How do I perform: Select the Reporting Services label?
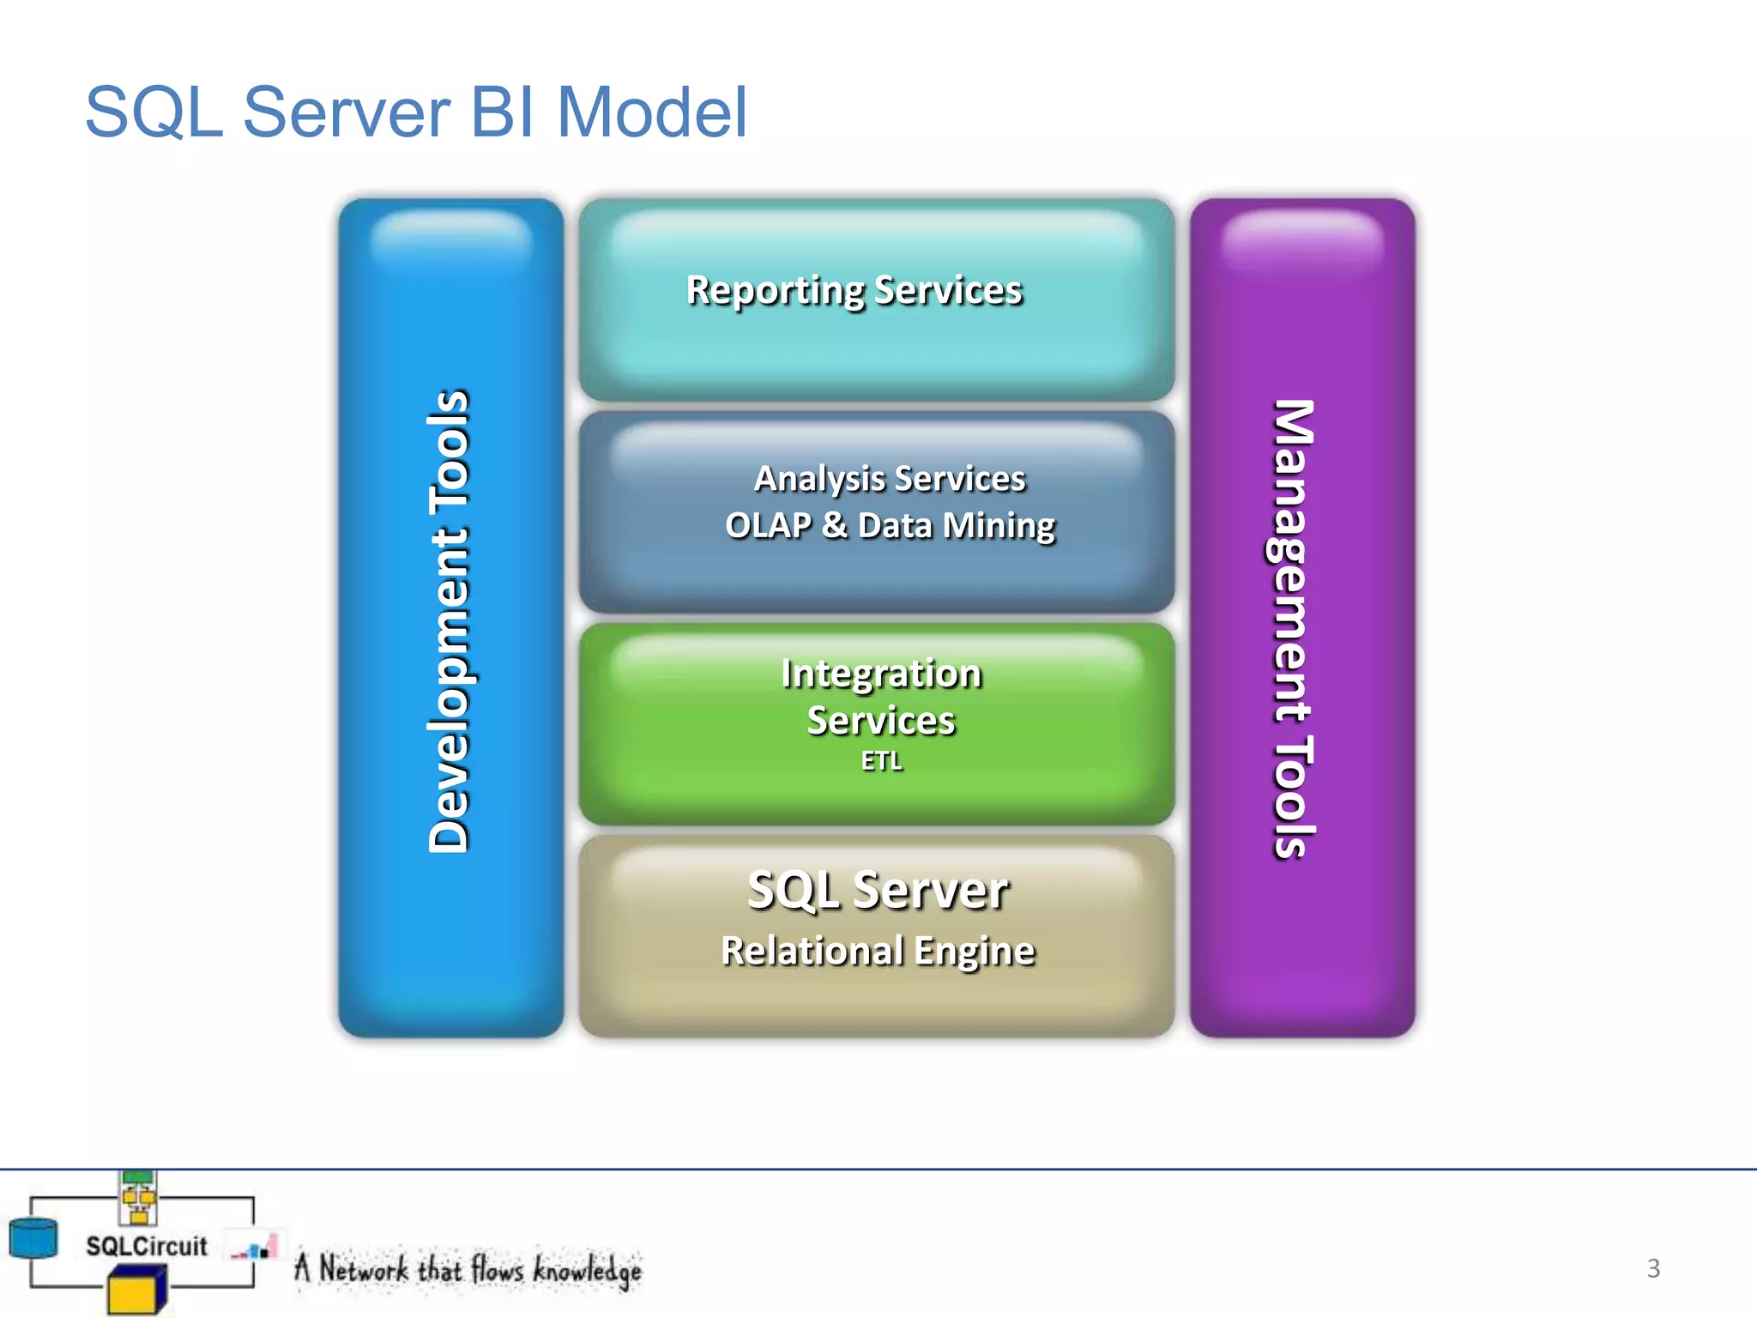coord(854,290)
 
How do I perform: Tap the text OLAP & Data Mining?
coord(890,525)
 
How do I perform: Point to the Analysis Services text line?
coord(890,478)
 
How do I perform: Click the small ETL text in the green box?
coord(881,761)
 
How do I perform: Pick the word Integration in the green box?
coord(881,674)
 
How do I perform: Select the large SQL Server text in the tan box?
coord(878,890)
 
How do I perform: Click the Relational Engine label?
coord(878,951)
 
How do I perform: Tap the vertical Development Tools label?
coord(450,620)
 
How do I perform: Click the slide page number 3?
coord(1653,1268)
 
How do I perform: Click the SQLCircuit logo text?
coord(146,1246)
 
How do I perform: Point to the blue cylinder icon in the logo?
coord(33,1238)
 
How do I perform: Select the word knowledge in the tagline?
coord(587,1270)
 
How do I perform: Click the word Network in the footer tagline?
coord(363,1268)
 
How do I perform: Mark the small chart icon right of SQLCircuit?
coord(255,1248)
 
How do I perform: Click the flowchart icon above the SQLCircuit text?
coord(138,1198)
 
